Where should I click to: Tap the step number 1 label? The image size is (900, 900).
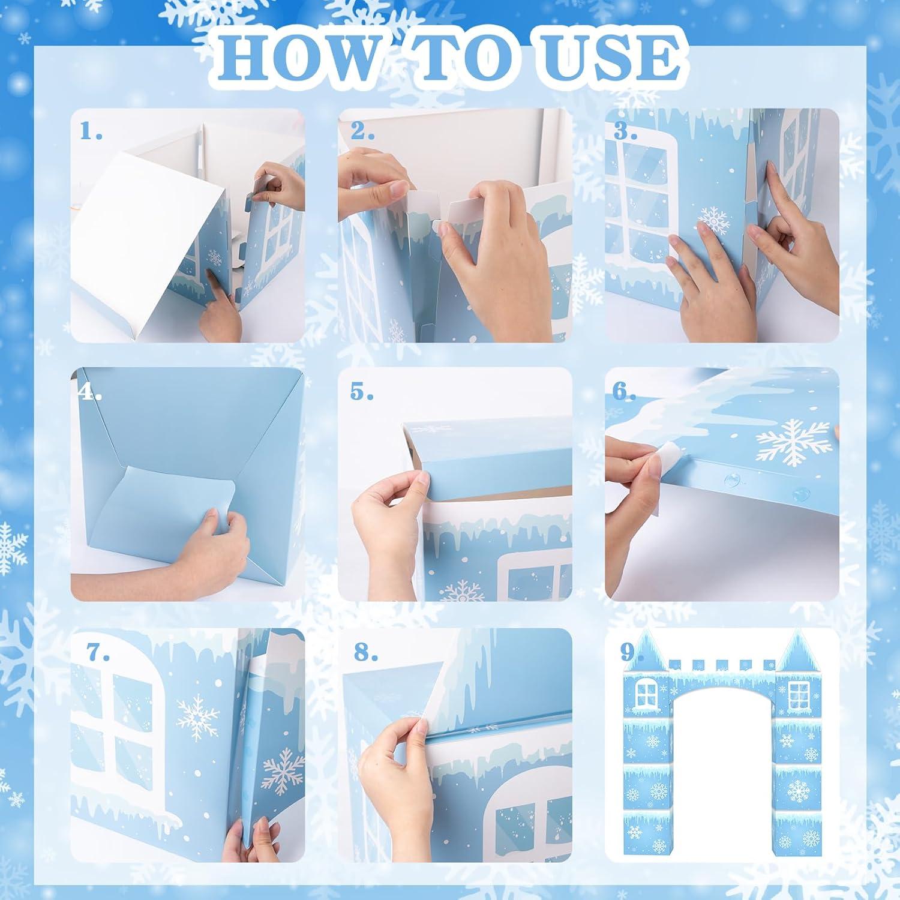(92, 131)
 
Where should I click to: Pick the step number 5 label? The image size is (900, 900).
(362, 392)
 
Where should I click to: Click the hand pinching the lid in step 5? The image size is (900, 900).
(390, 516)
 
